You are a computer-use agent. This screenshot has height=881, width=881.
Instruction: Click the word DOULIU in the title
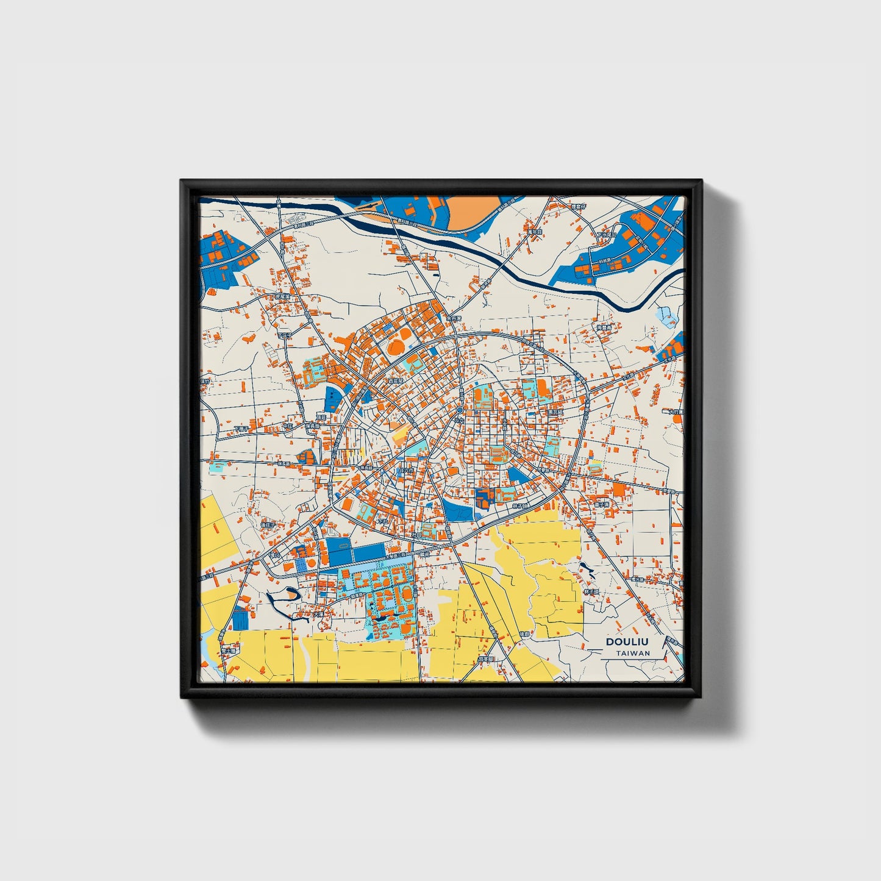click(627, 641)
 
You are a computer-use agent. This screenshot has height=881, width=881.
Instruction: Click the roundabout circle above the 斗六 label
click(459, 410)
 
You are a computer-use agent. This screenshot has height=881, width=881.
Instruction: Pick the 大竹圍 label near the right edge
click(675, 412)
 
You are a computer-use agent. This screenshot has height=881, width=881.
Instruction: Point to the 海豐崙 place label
click(604, 327)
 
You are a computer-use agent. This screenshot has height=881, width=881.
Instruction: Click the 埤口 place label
click(274, 555)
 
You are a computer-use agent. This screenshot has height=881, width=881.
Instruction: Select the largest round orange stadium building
click(396, 348)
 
